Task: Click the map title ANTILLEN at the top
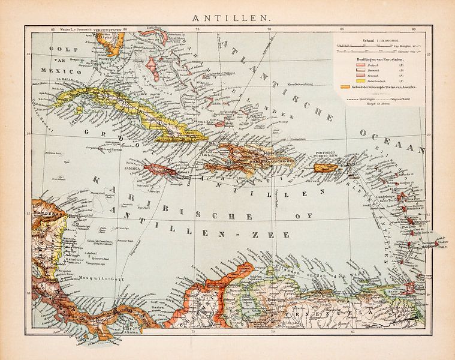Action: (227, 18)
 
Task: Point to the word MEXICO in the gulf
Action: (53, 70)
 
